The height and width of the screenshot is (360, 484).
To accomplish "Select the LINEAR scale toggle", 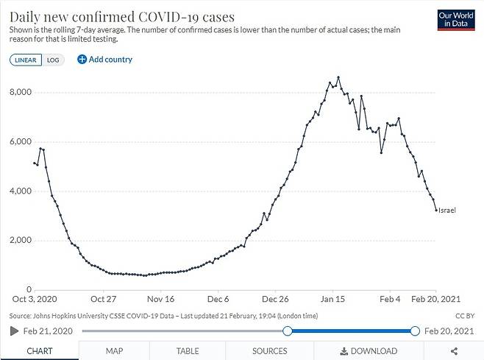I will [x=26, y=60].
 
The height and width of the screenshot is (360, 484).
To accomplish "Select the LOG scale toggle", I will [x=53, y=60].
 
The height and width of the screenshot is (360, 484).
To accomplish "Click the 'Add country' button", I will [x=104, y=60].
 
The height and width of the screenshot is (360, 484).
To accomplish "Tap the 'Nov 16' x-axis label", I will [x=160, y=300].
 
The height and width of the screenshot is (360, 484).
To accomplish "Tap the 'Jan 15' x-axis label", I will [x=332, y=300].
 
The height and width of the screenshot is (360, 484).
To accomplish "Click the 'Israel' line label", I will [x=447, y=211].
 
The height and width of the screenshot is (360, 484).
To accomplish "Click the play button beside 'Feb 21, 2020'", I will [x=14, y=331].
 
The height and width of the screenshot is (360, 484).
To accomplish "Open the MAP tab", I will [x=114, y=351].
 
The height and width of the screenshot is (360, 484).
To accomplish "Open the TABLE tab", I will [x=188, y=351].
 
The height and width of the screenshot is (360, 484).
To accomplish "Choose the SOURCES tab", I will [x=269, y=351].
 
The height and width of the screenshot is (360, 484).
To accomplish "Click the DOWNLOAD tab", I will [x=369, y=351].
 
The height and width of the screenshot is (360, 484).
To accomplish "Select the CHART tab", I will [x=39, y=351].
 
